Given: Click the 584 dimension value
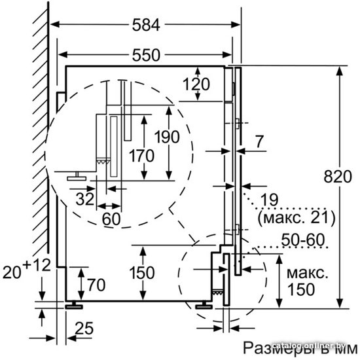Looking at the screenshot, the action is point(146,25).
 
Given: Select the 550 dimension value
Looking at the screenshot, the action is point(146,55).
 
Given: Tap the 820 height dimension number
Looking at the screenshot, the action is point(338,177).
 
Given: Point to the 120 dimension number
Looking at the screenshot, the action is point(196,84).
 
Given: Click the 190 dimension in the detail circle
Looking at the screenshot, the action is point(167,137).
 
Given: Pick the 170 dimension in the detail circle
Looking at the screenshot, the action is point(141,156).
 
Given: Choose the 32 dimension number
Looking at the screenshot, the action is point(85,199).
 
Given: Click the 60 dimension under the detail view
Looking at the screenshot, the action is point(111,219).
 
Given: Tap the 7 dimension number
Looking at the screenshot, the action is point(259,141).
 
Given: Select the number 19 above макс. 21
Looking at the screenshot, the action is point(270,200).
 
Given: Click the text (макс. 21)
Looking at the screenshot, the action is point(297,217).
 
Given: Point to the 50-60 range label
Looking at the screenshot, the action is point(303,240).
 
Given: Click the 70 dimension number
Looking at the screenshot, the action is point(96,285).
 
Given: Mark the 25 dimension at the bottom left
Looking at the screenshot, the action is point(84,329).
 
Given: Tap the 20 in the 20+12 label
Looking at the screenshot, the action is point(12,272).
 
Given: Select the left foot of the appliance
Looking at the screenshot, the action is point(74,305).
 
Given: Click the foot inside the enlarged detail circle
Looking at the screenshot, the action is point(77,176).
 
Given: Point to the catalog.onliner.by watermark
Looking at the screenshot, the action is point(310,346).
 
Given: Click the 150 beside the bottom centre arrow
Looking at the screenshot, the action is point(142,273).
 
